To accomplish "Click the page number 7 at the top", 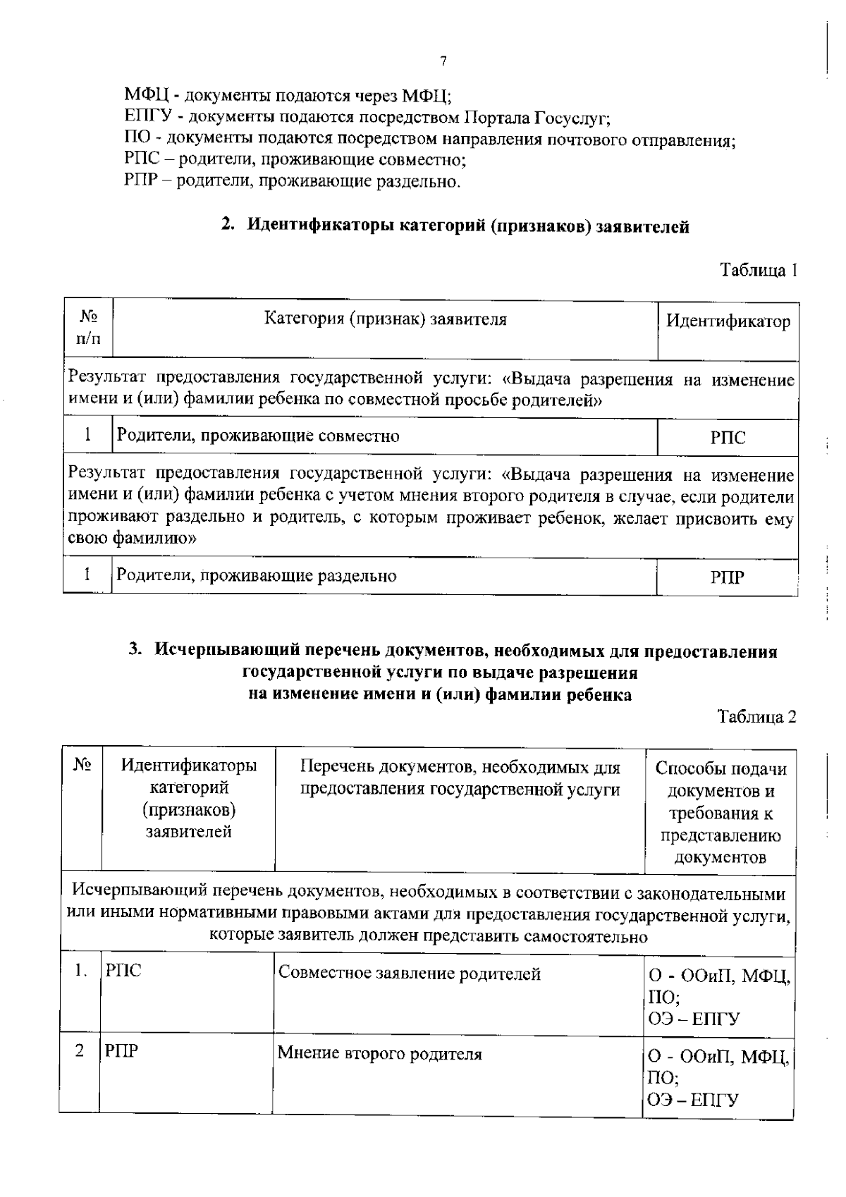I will (x=443, y=61).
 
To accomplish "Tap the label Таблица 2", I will (x=756, y=717).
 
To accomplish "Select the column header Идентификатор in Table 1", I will (x=728, y=321).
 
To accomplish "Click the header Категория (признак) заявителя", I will (x=385, y=319).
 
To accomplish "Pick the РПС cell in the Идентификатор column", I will (x=728, y=438).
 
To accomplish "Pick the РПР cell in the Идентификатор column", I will (x=728, y=578).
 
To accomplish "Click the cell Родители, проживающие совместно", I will (x=257, y=436).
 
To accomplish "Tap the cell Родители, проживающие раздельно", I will (x=256, y=576).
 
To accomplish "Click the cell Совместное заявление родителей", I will (x=410, y=974).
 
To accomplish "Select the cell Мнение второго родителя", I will (x=379, y=1054).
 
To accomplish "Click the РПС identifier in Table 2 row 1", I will (x=123, y=971).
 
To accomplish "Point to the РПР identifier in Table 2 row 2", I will (x=121, y=1051).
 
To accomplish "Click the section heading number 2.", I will (x=227, y=226).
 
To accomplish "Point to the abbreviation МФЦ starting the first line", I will (x=146, y=94).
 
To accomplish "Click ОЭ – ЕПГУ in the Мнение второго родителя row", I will (x=693, y=1100).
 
